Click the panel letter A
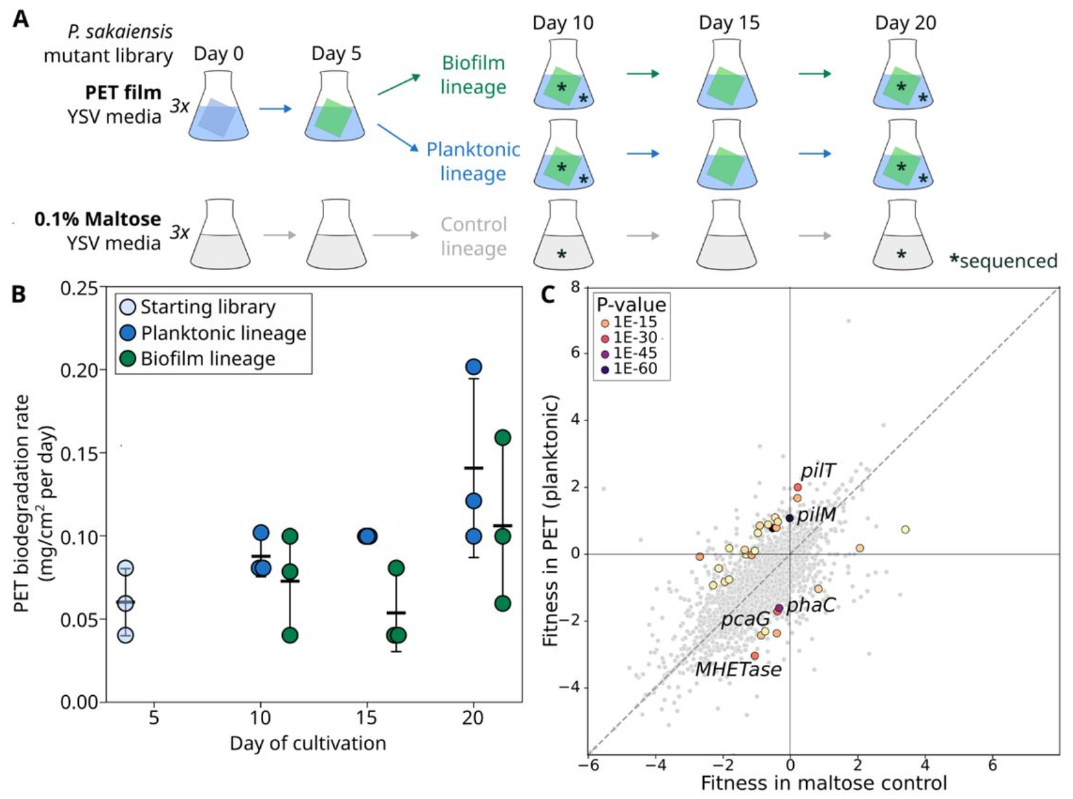[20, 18]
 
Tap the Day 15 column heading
[729, 23]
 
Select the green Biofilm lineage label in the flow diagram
[473, 75]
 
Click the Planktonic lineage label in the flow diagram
[473, 161]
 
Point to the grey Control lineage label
[473, 236]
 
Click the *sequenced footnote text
[1003, 261]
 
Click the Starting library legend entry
[208, 307]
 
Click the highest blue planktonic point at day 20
[474, 367]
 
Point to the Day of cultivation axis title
[308, 743]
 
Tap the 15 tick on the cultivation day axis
[367, 717]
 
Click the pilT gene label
[817, 470]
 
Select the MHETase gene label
[739, 670]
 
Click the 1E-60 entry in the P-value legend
[635, 369]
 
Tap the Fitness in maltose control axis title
[823, 783]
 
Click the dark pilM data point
[789, 518]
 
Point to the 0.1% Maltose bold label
[97, 219]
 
